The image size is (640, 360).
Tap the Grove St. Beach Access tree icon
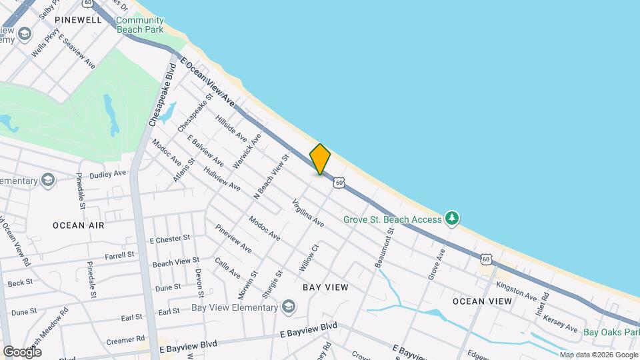(x=453, y=218)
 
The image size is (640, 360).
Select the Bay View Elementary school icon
(x=288, y=307)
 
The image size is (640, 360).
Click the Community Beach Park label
(x=140, y=25)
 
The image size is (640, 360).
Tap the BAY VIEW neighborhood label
(x=325, y=287)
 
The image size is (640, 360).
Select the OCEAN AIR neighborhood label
(x=79, y=225)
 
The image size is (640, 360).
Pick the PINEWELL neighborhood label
(x=78, y=20)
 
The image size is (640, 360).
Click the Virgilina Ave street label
(x=308, y=213)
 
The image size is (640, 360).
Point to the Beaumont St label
(x=385, y=247)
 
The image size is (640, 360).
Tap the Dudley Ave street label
(x=107, y=173)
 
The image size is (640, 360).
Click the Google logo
(x=22, y=351)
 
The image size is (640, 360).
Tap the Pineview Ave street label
(x=233, y=238)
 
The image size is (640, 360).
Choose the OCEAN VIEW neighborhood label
(x=483, y=301)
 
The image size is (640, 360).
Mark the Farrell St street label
(x=119, y=255)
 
